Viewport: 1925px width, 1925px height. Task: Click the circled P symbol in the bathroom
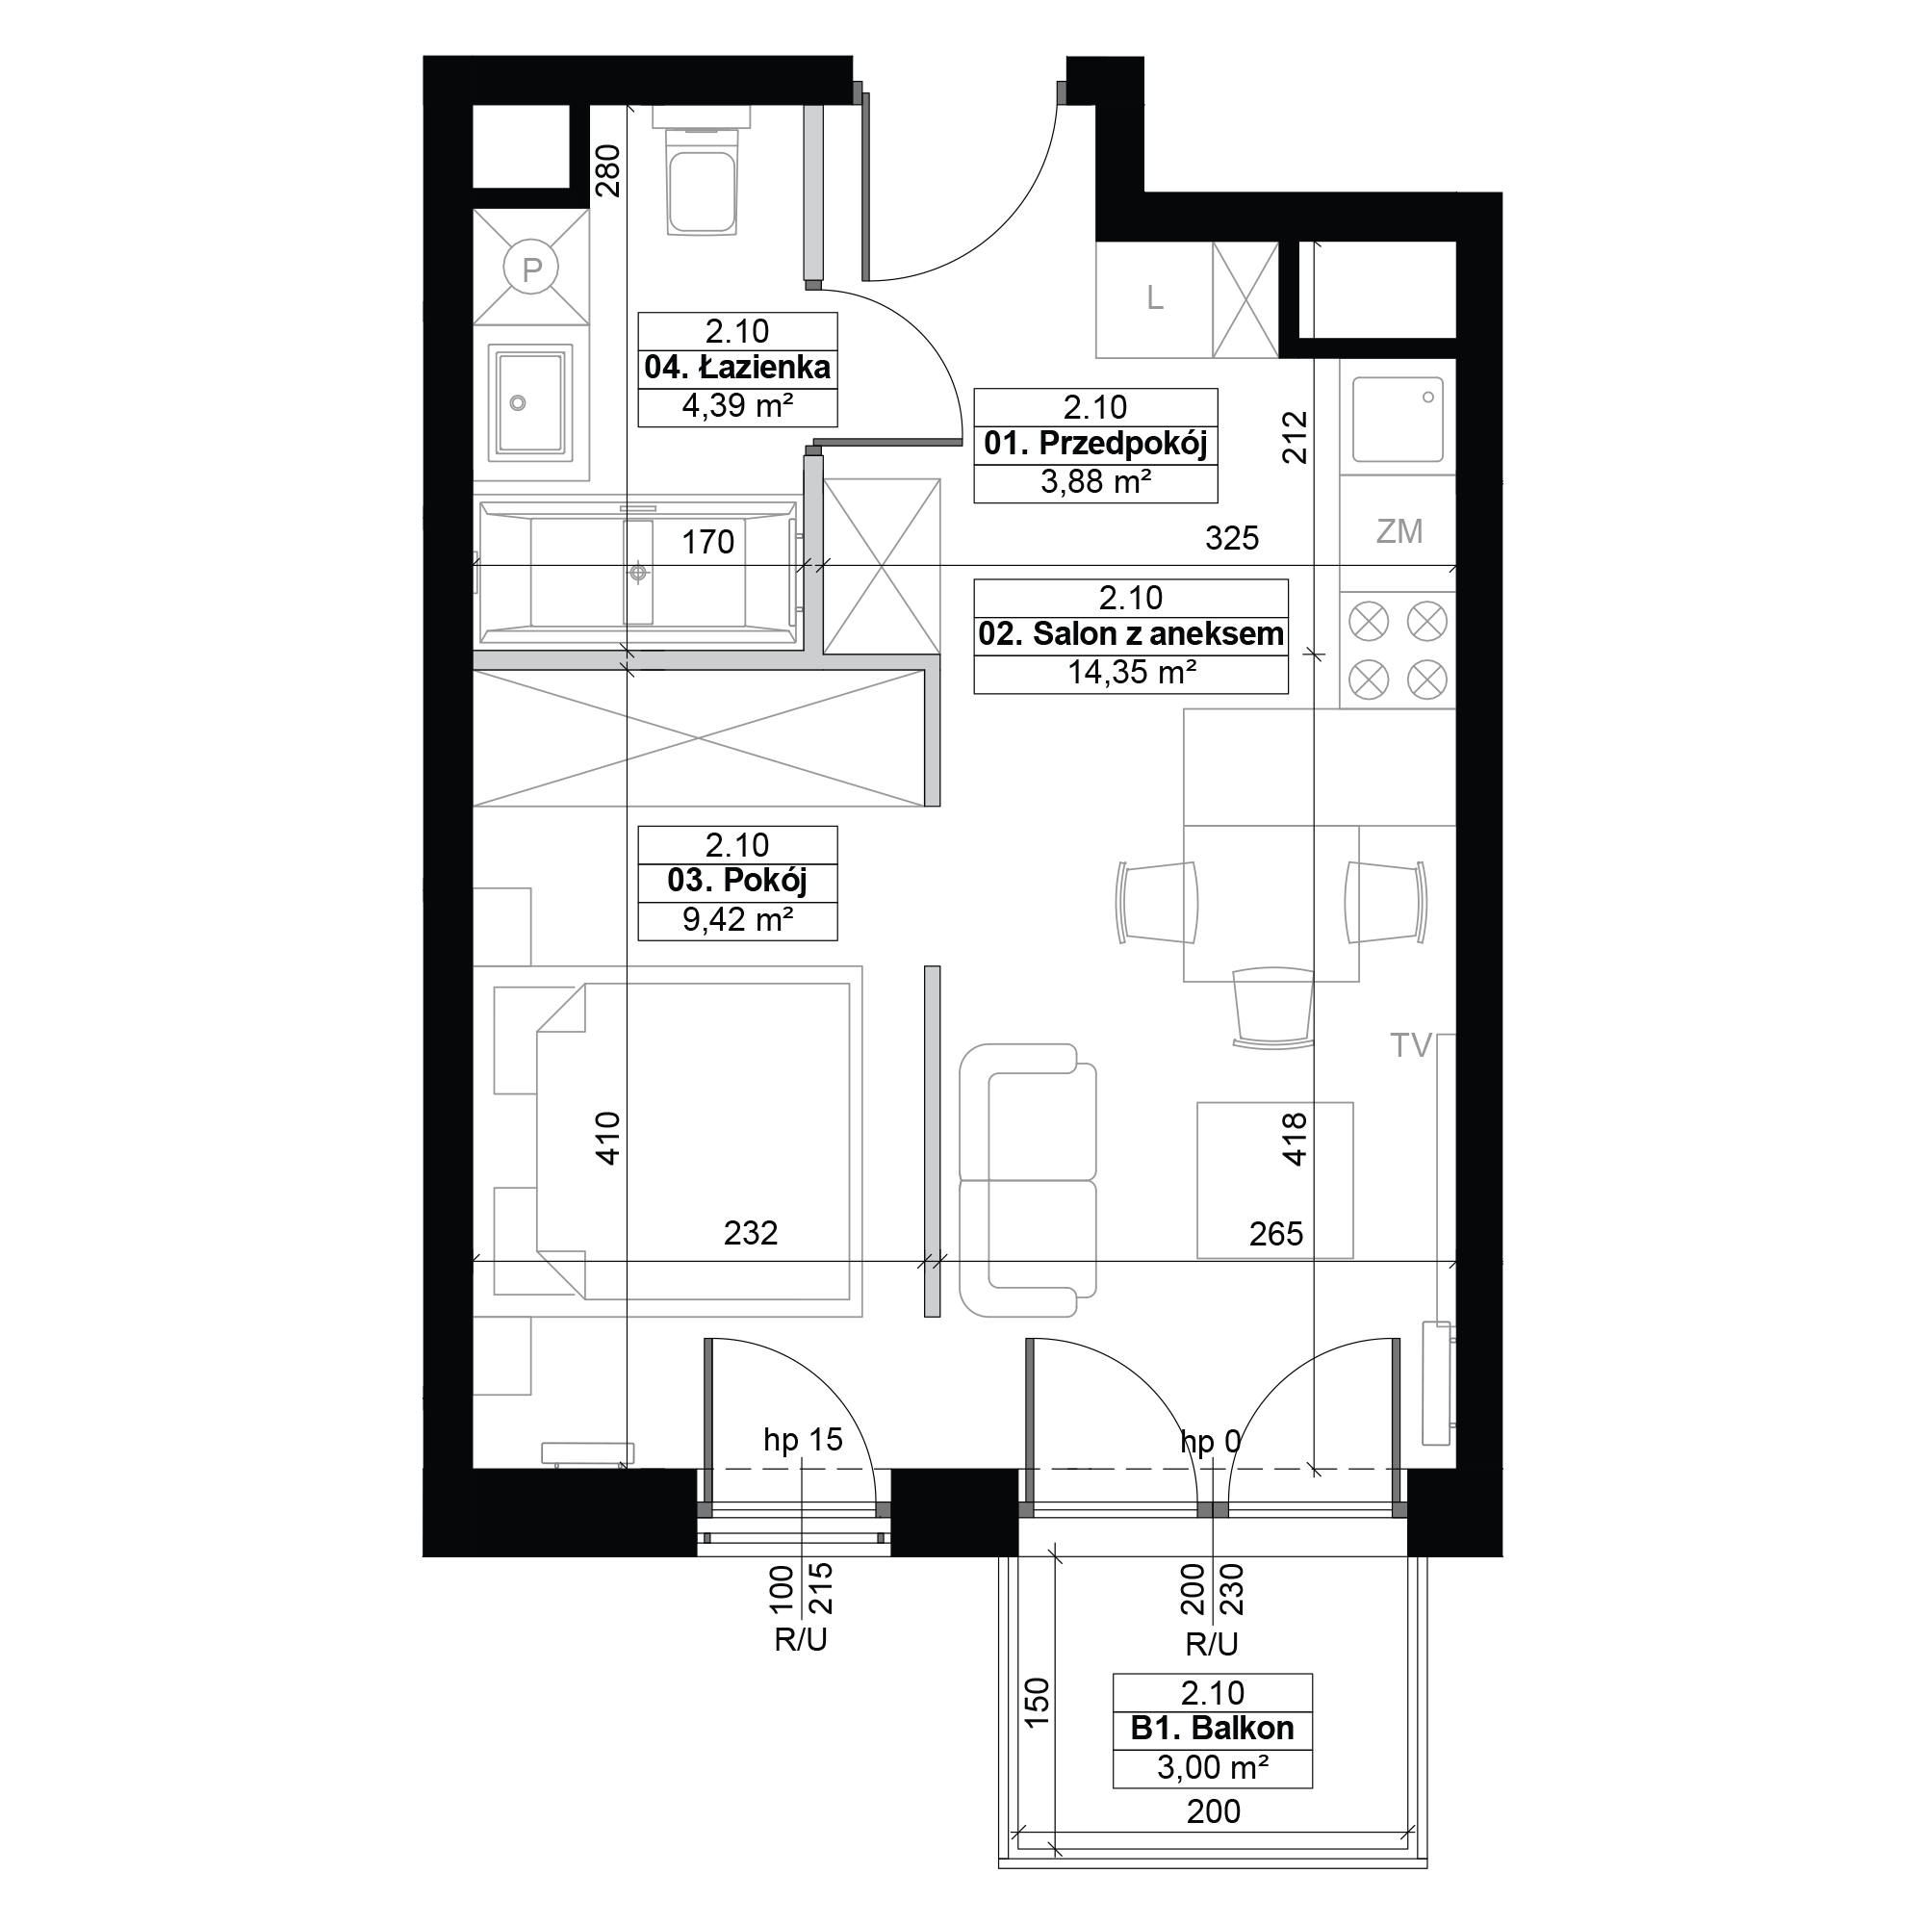tap(532, 268)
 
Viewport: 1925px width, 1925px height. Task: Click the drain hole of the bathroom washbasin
tap(517, 403)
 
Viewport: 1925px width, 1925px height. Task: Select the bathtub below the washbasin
tap(638, 572)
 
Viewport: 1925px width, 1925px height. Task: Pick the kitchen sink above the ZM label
tap(1398, 419)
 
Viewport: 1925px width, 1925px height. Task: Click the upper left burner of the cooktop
tap(1368, 622)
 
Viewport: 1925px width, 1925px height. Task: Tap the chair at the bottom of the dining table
tap(1272, 1008)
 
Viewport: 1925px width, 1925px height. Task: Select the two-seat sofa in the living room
tap(1027, 1180)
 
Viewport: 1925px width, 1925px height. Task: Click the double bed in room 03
tap(678, 1141)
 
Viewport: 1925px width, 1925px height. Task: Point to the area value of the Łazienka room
tap(737, 405)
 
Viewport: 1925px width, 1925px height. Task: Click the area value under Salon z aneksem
tap(1132, 673)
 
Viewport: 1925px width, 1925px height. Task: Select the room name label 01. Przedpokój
tap(1095, 444)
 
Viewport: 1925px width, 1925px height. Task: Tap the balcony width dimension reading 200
tap(1213, 1810)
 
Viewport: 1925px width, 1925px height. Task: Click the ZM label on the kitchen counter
tap(1399, 532)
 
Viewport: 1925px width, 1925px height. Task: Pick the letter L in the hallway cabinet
tap(1155, 298)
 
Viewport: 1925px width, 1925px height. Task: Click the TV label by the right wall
tap(1411, 1045)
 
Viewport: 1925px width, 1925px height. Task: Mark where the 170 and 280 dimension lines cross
tap(627, 566)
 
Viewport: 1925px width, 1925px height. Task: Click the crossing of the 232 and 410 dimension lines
tap(627, 1262)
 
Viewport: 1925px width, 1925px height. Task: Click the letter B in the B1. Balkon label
tap(1142, 1728)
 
